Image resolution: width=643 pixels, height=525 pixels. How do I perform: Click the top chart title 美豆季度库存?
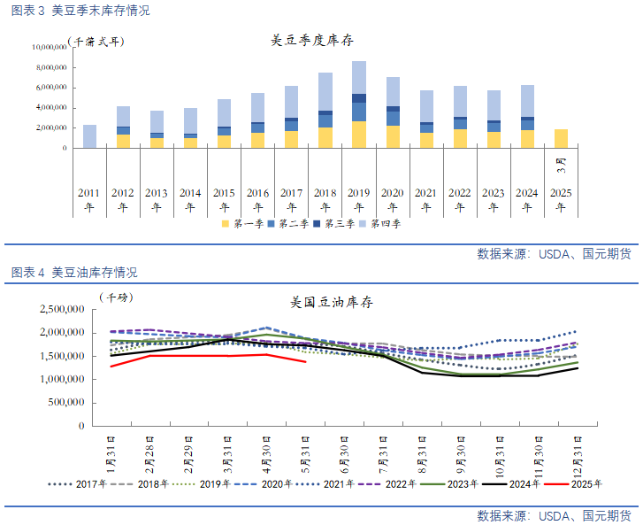click(311, 41)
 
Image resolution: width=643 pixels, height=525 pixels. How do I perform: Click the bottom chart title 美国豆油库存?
click(331, 302)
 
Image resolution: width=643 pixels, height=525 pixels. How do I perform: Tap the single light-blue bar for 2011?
click(89, 136)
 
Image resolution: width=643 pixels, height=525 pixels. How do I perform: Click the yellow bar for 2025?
click(561, 139)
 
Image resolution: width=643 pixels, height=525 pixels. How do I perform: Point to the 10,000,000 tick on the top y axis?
click(50, 46)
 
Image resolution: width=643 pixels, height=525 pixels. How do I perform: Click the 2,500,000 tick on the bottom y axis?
click(62, 309)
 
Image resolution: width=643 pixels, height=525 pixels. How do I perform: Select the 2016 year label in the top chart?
click(257, 192)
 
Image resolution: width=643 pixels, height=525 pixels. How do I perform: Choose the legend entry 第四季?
click(381, 224)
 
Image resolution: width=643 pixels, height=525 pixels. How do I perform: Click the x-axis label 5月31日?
click(306, 452)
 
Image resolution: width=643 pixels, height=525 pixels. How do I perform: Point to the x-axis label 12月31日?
click(578, 452)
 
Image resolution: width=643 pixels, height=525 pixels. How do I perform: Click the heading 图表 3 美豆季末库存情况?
click(80, 11)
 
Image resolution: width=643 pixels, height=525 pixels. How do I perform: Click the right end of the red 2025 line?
click(306, 361)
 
